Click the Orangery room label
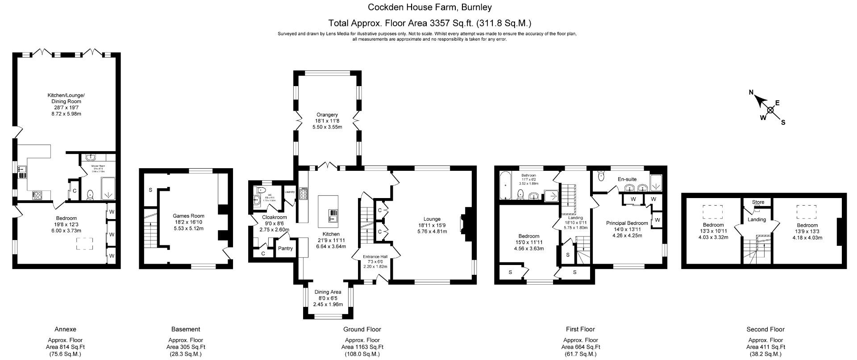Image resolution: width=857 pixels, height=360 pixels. click(327, 115)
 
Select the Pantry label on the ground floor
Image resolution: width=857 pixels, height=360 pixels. click(285, 248)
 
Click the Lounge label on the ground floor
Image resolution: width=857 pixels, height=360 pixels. click(432, 219)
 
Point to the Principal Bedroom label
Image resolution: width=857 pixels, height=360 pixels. click(627, 223)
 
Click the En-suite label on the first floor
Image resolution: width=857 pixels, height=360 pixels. click(627, 179)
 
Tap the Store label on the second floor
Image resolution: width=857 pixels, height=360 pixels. click(758, 202)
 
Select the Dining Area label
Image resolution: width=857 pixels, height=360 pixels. click(328, 292)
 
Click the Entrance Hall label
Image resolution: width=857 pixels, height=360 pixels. click(375, 257)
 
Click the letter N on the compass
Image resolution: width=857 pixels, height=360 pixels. click(751, 93)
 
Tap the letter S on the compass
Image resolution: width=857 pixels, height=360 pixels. click(783, 123)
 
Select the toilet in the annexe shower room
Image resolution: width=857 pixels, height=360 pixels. click(91, 194)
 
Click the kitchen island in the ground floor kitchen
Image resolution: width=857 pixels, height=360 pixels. click(328, 211)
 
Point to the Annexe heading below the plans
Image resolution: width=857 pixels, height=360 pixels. click(65, 329)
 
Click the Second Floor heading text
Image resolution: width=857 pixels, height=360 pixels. click(765, 329)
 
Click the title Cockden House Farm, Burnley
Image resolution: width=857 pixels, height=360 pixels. click(429, 7)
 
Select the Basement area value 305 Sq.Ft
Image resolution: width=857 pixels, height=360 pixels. click(186, 347)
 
